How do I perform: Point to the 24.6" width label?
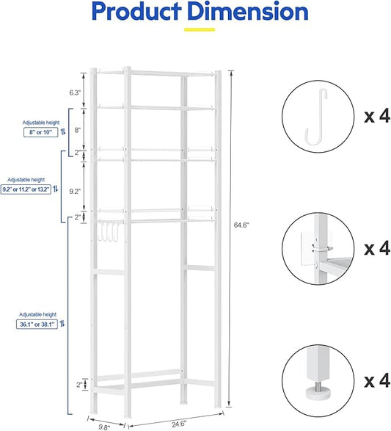coord(179,423)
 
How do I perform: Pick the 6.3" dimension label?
coord(75,93)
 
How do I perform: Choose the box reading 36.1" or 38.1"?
coord(38,323)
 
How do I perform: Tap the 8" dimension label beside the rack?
coord(77,130)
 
